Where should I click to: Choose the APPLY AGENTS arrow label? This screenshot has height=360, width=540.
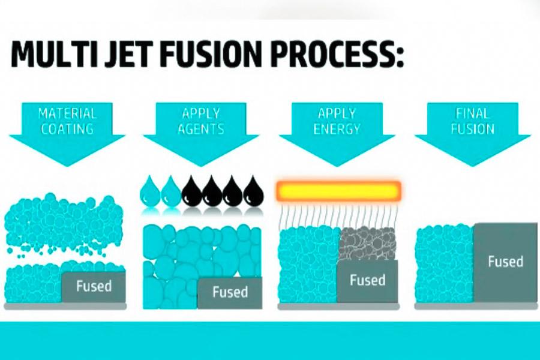pos(202,120)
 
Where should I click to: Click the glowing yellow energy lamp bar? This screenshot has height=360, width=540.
pos(338,191)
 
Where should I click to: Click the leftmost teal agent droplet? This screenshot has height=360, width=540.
pos(149,191)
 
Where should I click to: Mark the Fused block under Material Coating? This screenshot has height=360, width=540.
pos(94,286)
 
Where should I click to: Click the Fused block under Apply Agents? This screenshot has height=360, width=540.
pos(230,292)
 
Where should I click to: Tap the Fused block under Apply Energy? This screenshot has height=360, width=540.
pos(367,280)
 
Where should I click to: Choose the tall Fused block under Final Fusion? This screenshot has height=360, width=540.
pos(505,262)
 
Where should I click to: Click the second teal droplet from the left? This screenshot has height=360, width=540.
pos(170,191)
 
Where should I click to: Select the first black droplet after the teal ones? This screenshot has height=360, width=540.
pos(191,191)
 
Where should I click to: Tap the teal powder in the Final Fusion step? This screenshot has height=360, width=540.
pos(444,264)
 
